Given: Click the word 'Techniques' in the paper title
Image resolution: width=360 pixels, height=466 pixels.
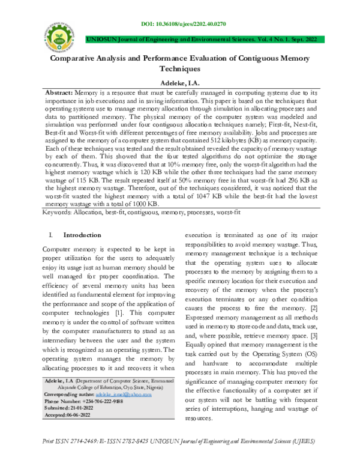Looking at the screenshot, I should pos(179,70).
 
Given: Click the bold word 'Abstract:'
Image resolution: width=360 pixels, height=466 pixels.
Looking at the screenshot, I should pos(60,95).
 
